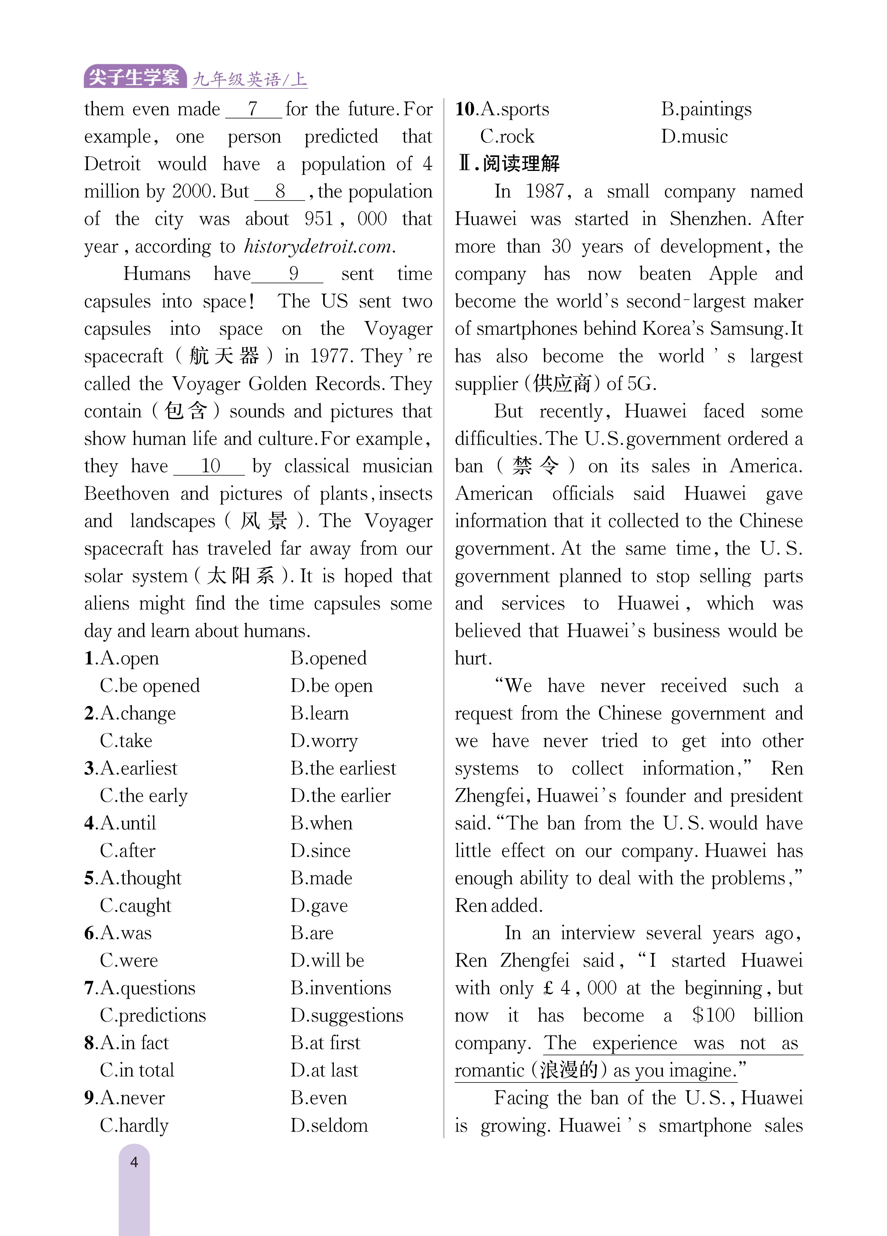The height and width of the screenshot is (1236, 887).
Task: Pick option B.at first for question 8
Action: tap(325, 1042)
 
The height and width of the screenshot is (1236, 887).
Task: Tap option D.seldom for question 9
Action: tap(329, 1125)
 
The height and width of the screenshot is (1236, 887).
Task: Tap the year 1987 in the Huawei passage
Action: tap(545, 191)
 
